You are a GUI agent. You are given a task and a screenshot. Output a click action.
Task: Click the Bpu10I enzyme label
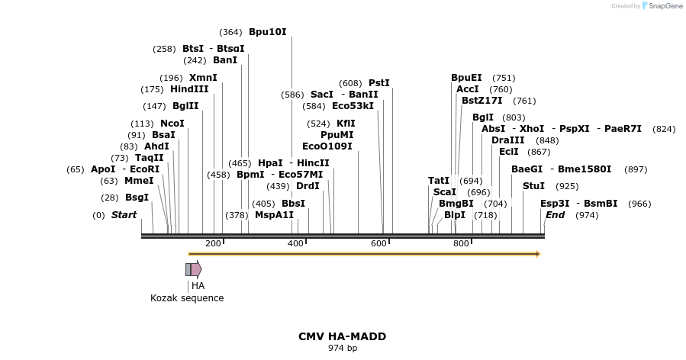click(x=267, y=32)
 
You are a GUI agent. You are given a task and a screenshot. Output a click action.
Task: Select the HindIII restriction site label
click(x=189, y=89)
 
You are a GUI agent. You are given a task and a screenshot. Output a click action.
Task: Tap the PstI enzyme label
click(x=378, y=83)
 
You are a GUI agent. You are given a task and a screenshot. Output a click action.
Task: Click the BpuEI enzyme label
click(x=466, y=78)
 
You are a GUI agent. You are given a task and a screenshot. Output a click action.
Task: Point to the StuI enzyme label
click(x=533, y=186)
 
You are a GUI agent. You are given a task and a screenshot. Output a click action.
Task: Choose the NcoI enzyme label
click(x=172, y=124)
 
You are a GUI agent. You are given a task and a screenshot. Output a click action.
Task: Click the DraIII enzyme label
click(x=507, y=140)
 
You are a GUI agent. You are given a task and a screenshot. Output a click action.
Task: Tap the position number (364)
click(x=230, y=32)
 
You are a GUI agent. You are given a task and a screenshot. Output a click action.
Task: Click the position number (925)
click(x=567, y=186)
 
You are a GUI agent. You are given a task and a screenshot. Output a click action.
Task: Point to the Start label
click(x=124, y=215)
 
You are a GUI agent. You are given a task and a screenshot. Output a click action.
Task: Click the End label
click(x=555, y=215)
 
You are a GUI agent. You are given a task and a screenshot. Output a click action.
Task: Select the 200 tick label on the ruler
click(x=213, y=243)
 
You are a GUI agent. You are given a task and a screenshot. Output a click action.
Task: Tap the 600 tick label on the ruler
click(x=378, y=243)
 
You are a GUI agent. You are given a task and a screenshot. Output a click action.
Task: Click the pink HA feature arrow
click(x=196, y=269)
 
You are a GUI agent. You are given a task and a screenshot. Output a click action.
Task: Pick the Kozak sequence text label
click(x=187, y=298)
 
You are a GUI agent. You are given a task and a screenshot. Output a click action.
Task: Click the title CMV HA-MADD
click(x=342, y=336)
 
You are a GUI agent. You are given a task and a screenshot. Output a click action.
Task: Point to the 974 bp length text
click(x=342, y=349)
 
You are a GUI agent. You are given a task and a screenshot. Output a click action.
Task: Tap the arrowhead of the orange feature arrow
click(x=538, y=254)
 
